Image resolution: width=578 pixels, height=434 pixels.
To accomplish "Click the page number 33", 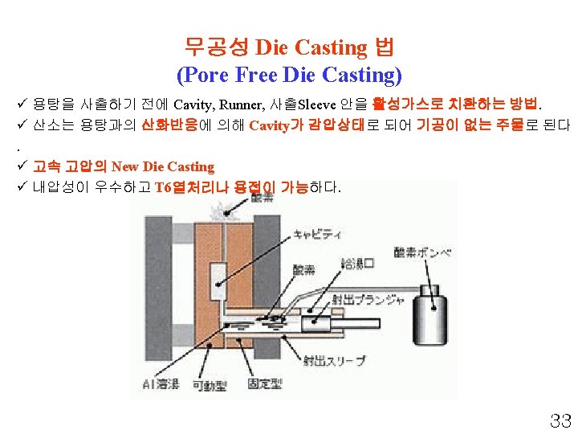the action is (x=559, y=420).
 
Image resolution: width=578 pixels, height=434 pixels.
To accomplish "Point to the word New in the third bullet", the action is (x=124, y=167).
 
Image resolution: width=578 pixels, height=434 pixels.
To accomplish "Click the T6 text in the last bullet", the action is (x=163, y=188).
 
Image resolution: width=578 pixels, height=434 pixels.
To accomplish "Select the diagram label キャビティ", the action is (x=316, y=234).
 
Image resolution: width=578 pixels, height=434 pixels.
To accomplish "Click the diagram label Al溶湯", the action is (x=161, y=384).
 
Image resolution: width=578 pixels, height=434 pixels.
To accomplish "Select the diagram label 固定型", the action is (x=265, y=385).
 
